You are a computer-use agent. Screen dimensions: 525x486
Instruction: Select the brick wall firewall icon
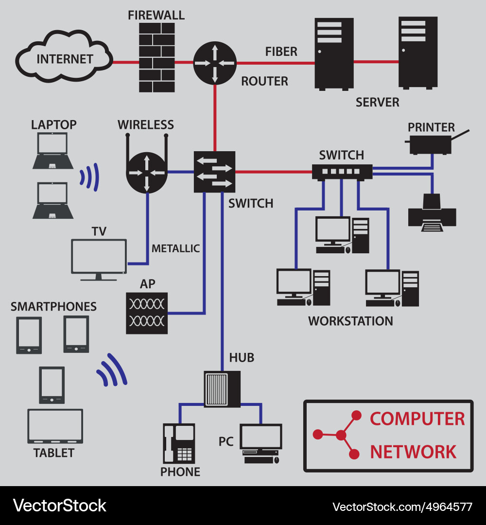click(x=157, y=57)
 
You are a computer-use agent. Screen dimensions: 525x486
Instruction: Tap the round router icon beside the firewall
click(x=214, y=63)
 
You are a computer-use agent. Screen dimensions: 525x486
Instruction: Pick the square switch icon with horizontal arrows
click(x=214, y=172)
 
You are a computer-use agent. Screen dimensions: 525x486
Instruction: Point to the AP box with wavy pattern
click(x=147, y=313)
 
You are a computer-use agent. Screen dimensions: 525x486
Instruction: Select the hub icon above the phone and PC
click(x=222, y=389)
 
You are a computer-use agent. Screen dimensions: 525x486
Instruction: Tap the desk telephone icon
click(x=178, y=443)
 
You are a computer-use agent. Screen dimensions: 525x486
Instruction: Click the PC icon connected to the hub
click(x=261, y=442)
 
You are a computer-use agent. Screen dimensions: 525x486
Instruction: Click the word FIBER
click(x=281, y=52)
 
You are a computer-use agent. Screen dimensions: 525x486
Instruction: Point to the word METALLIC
click(x=175, y=248)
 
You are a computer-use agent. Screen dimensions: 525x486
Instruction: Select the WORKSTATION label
click(x=350, y=321)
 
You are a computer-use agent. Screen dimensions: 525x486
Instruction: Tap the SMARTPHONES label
click(x=53, y=307)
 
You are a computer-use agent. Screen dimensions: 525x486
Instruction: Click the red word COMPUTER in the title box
click(x=417, y=419)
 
